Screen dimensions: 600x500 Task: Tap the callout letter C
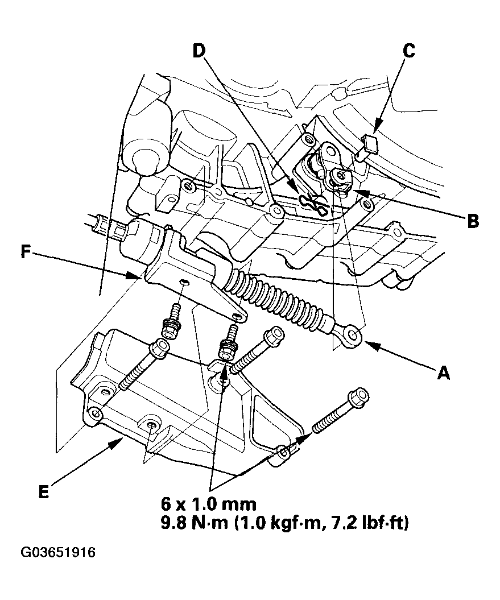(408, 51)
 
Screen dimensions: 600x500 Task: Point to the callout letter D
(198, 51)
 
